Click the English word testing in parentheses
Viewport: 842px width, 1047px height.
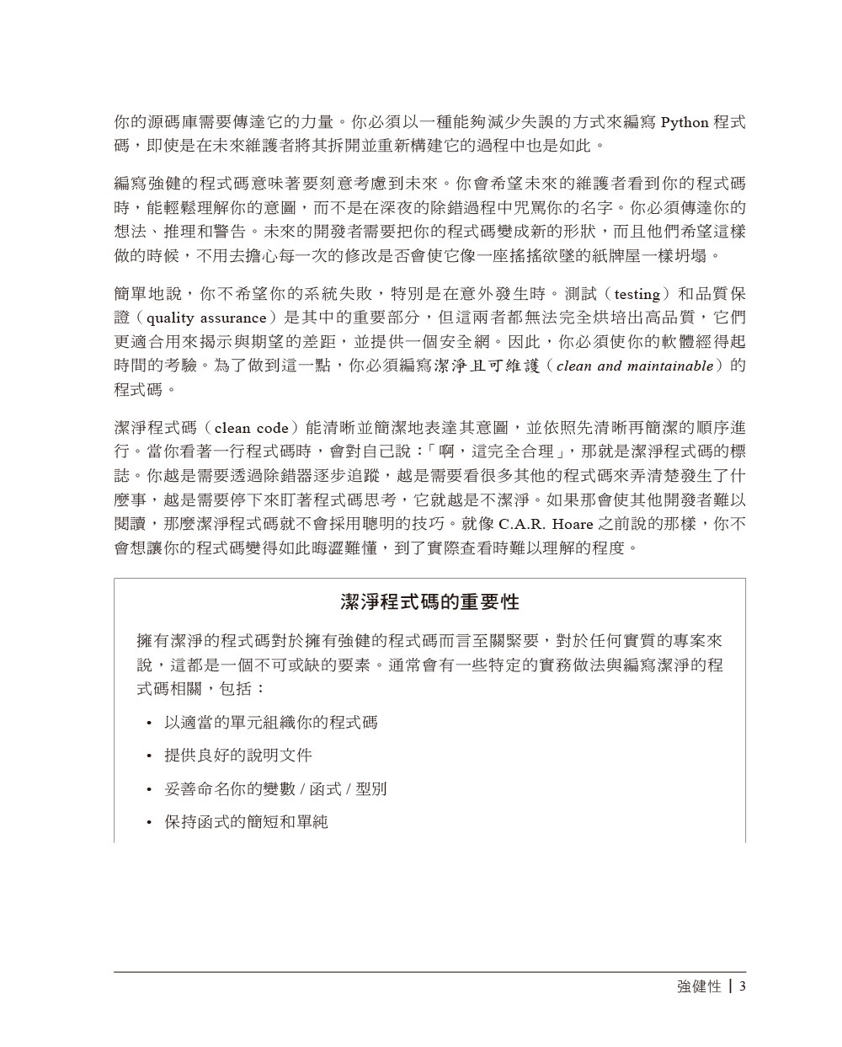637,295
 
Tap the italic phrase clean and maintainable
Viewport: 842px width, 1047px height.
635,366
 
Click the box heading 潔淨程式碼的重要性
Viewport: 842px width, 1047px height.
429,602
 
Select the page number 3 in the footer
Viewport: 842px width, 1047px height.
742,986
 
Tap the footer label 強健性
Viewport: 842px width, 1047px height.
699,986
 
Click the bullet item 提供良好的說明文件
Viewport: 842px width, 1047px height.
237,755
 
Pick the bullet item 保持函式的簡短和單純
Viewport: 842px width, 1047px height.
245,820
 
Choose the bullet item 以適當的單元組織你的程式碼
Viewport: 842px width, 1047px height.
270,722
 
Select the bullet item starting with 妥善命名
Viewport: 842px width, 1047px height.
275,788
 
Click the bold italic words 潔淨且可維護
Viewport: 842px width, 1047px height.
486,366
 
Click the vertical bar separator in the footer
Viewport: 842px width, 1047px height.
729,986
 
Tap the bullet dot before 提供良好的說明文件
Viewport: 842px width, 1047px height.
148,756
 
